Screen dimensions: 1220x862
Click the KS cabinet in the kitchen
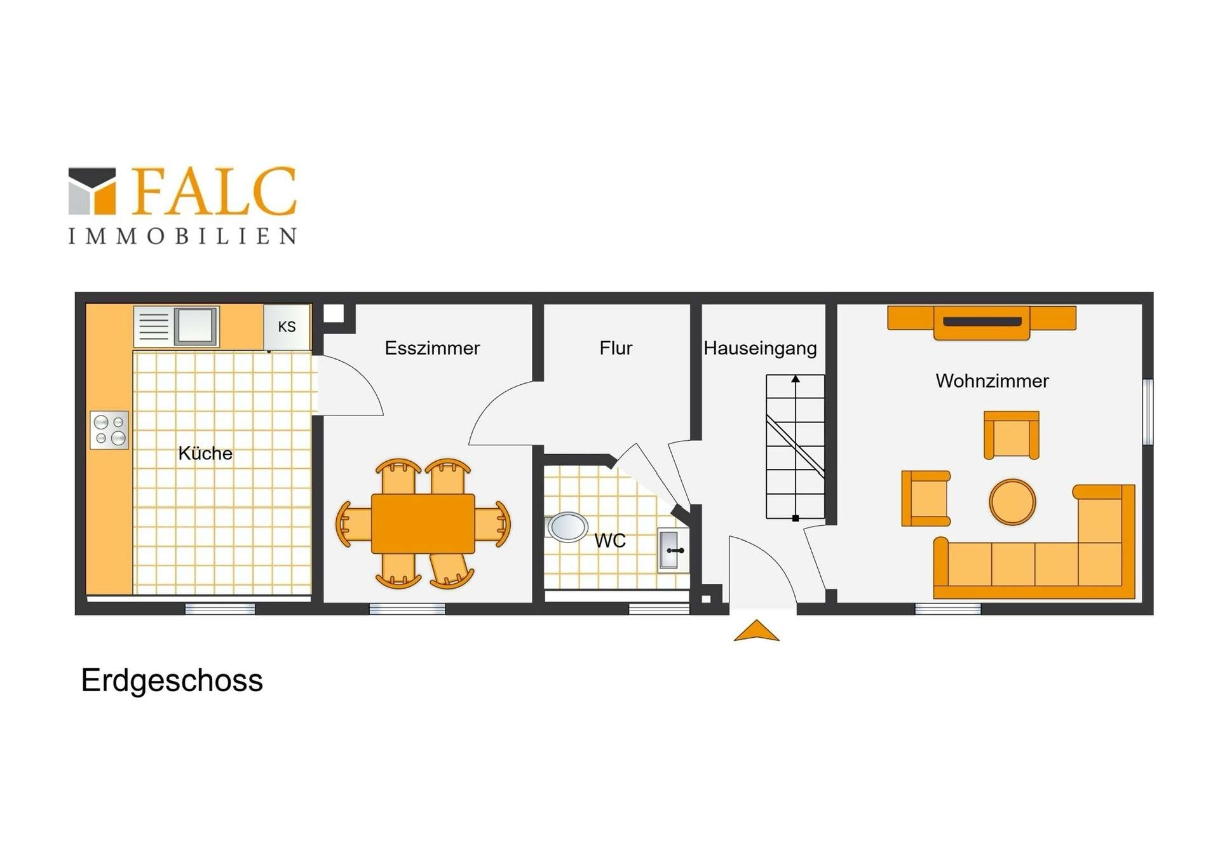coord(287,327)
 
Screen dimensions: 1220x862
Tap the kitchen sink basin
coord(196,325)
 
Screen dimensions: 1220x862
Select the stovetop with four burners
coord(109,430)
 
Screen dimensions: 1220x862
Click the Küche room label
coord(205,453)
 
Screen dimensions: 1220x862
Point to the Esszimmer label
coord(432,348)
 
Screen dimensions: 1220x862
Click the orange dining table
coord(423,523)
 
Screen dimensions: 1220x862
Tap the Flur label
coord(616,348)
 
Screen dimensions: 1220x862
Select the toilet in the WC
coord(566,527)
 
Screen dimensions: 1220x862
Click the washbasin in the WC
coord(672,550)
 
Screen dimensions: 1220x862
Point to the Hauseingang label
coord(760,348)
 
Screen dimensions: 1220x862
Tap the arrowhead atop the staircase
coord(796,379)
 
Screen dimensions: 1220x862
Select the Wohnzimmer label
coord(992,381)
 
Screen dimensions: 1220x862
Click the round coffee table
coord(1012,502)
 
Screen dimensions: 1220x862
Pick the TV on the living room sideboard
coord(982,321)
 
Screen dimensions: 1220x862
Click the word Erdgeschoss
coord(172,681)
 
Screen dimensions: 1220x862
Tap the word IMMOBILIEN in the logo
coord(182,236)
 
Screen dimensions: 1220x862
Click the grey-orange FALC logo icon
coord(92,191)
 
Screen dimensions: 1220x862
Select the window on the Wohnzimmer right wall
coord(1148,412)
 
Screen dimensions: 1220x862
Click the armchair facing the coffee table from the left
coord(926,499)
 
